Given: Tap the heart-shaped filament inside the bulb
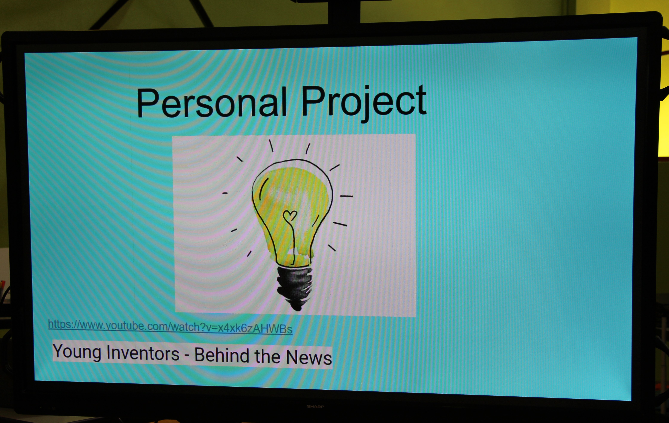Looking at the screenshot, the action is [290, 215].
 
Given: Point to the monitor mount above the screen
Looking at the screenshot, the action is [344, 11].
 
